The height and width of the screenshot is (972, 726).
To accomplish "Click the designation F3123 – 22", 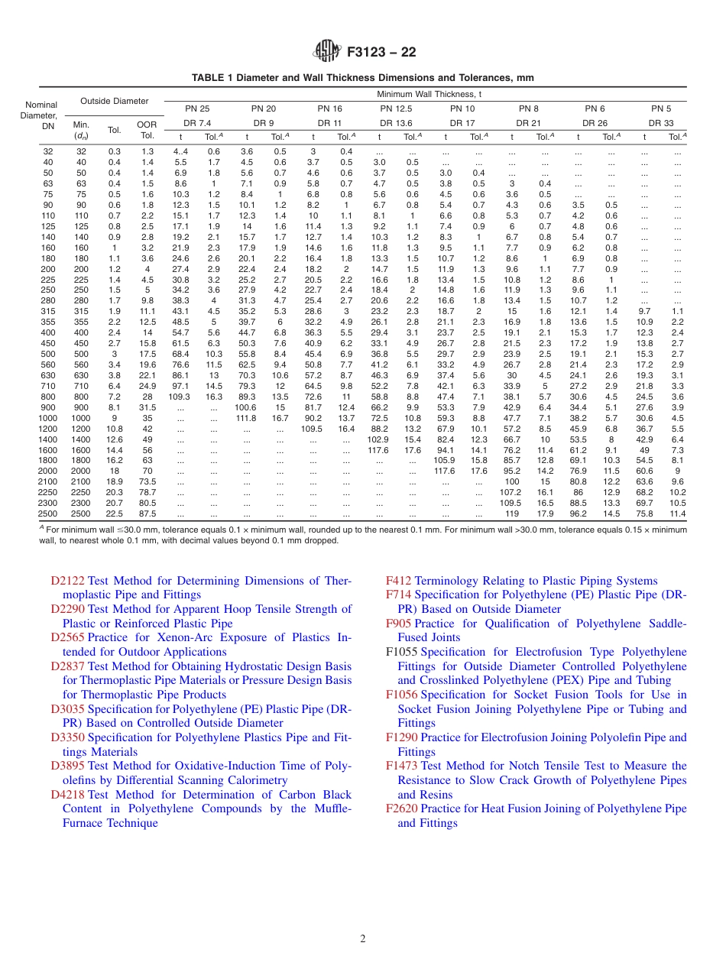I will point(381,53).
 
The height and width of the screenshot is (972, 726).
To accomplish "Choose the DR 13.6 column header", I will point(396,122).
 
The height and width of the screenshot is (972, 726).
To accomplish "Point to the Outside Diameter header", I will point(115,101).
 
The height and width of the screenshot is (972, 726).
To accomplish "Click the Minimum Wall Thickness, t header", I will point(429,94).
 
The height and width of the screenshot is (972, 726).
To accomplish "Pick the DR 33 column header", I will point(661,122).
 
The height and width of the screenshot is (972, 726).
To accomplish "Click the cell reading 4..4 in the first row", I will point(180,151).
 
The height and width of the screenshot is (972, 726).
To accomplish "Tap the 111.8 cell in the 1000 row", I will point(245,418).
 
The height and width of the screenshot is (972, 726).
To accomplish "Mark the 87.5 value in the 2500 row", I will point(147,514).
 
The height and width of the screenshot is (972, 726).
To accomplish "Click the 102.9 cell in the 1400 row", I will point(378,439).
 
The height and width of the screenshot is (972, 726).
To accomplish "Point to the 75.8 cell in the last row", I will point(644,514).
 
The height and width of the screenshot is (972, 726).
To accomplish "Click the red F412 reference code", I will point(399,581).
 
